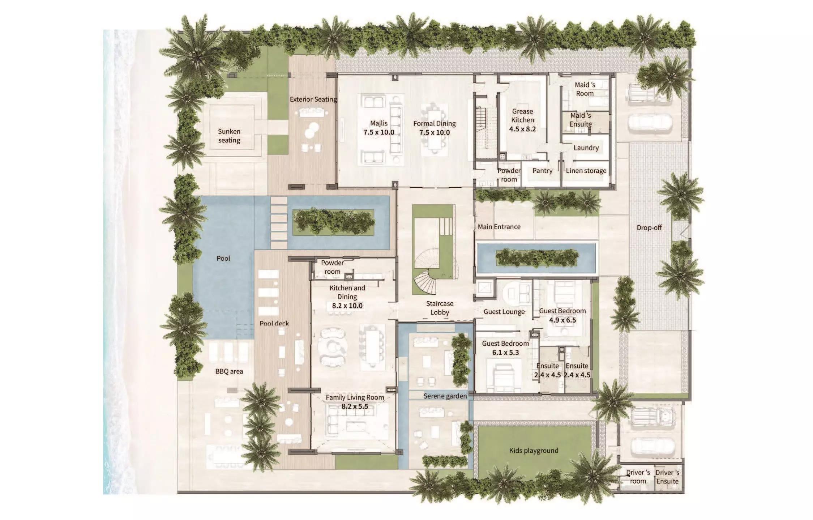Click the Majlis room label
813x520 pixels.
[x=378, y=124]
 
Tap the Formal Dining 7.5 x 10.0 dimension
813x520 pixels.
[x=435, y=133]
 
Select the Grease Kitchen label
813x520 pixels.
[x=522, y=116]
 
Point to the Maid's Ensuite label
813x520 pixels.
[x=581, y=120]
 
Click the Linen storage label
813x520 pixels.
[x=586, y=171]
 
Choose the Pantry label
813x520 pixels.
[x=542, y=171]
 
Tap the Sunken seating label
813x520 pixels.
[x=229, y=136]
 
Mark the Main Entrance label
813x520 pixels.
[x=499, y=227]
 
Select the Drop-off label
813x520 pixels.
[x=649, y=228]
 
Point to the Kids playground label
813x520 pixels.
[x=534, y=451]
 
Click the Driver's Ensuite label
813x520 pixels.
[x=667, y=477]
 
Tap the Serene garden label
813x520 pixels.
[x=445, y=396]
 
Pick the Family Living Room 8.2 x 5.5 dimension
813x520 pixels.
[x=355, y=406]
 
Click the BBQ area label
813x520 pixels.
[x=229, y=371]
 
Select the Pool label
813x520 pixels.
[x=223, y=259]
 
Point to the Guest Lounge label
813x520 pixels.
[x=504, y=312]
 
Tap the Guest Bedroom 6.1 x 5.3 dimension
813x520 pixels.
[x=505, y=353]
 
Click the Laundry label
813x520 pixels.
[x=586, y=148]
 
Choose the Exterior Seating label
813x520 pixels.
[x=313, y=99]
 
